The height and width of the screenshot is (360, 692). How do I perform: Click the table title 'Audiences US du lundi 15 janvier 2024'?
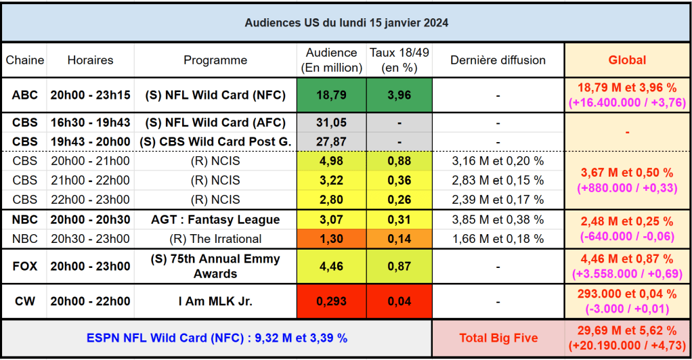pos(346,22)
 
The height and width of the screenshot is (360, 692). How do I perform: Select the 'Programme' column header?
pos(215,60)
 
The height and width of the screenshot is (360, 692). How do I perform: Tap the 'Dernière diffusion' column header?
pos(498,60)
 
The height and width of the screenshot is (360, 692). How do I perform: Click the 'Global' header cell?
pos(627,60)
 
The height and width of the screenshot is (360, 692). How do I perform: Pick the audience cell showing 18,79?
pos(331,95)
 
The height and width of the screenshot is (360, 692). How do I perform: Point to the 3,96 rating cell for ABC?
pos(399,95)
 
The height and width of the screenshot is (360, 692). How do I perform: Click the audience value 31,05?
pos(331,122)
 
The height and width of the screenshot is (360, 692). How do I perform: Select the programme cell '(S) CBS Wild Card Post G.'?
pos(215,141)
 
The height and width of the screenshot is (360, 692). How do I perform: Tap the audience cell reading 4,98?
pos(331,161)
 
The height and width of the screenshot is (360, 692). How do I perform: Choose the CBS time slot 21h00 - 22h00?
pos(90,180)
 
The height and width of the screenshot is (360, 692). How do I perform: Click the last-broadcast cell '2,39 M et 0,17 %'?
pos(498,200)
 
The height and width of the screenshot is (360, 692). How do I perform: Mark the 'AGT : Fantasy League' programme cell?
pos(215,219)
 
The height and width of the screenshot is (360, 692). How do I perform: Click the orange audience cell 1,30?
pos(331,238)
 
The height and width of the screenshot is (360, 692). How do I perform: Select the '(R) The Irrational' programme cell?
pos(215,238)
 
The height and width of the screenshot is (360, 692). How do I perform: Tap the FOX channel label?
pos(25,266)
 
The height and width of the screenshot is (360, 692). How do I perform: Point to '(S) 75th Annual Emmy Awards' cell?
pos(215,266)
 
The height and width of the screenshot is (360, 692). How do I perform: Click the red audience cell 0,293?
pos(331,301)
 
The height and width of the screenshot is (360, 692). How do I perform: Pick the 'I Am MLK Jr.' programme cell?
pos(215,301)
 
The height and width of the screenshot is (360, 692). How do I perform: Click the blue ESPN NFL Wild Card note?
pos(217,338)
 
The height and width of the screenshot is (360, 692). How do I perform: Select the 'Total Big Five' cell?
pos(498,338)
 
